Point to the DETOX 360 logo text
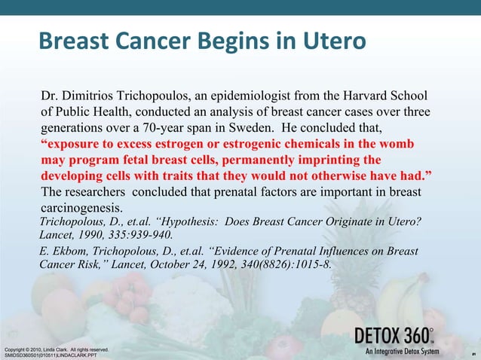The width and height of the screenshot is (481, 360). click(x=393, y=335)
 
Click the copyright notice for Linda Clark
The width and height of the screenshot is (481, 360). click(x=57, y=349)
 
